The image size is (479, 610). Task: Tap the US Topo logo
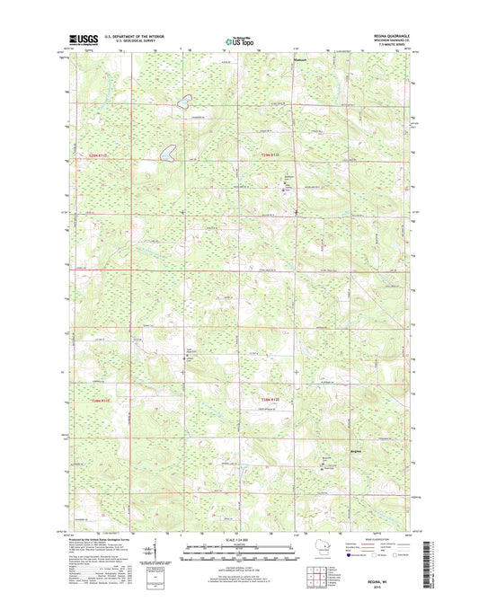(239, 40)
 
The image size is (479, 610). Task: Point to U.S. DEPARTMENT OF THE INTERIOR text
(133, 37)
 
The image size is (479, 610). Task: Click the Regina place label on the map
(357, 449)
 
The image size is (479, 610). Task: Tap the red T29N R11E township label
(99, 155)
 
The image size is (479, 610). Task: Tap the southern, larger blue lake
(168, 153)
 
